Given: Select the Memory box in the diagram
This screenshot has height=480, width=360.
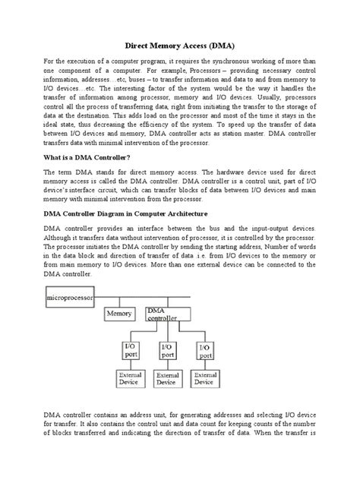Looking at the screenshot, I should click(x=120, y=313).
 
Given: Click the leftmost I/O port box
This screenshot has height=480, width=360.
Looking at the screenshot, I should click(x=131, y=350).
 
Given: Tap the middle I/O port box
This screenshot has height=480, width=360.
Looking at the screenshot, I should click(x=167, y=350).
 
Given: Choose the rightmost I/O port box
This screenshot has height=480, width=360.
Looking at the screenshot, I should click(x=204, y=350).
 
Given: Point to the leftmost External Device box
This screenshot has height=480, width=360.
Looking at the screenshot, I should click(x=131, y=379).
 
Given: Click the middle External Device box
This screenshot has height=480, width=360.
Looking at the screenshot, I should click(x=167, y=379).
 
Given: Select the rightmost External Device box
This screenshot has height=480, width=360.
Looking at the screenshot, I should click(x=205, y=379).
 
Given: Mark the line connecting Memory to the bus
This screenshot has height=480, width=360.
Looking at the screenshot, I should click(x=119, y=302).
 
